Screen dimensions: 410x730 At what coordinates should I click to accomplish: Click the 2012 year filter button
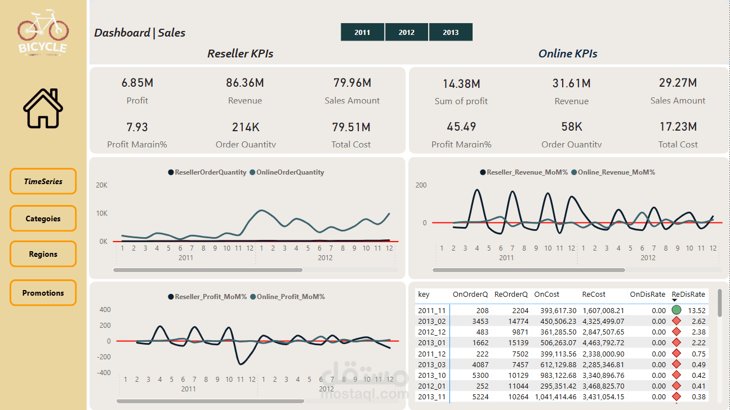[406, 32]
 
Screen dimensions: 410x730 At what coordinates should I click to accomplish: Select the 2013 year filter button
[451, 32]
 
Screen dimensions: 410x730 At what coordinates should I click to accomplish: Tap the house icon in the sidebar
[43, 108]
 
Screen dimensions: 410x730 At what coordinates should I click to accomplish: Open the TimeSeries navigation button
[43, 181]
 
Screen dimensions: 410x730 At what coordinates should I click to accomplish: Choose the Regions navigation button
[43, 254]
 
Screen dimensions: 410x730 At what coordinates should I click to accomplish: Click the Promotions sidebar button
[43, 293]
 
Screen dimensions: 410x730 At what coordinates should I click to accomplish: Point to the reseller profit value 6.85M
[137, 83]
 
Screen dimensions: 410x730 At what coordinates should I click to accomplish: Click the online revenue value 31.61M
[571, 83]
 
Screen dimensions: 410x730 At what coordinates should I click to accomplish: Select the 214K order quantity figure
[245, 127]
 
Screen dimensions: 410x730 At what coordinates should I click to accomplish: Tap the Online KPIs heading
[568, 54]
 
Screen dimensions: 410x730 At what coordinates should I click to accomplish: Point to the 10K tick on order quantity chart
[101, 213]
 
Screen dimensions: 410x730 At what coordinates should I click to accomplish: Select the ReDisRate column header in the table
[688, 294]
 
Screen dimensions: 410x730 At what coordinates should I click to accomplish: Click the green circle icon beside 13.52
[676, 310]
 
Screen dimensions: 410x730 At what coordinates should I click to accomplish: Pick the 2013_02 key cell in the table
[431, 321]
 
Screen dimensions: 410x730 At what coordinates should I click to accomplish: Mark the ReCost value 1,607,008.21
[603, 310]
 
